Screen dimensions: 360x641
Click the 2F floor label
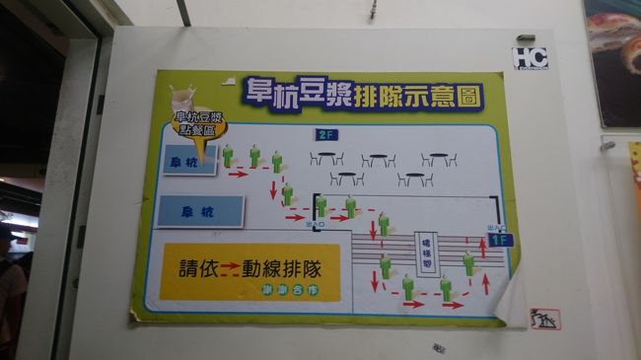pos(325,135)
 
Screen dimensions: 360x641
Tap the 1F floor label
pos(501,240)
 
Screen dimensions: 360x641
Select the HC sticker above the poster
pos(529,58)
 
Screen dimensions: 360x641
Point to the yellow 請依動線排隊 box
pos(250,272)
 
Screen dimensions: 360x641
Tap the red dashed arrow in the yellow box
pos(231,266)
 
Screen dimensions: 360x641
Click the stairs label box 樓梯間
pos(427,252)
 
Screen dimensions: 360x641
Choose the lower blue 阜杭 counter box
pos(200,211)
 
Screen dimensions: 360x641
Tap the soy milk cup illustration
pos(182,100)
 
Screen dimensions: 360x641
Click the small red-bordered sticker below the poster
pos(544,319)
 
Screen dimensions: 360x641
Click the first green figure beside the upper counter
pos(228,156)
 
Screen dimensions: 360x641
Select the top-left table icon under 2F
pos(326,158)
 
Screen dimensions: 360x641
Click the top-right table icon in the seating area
pos(438,158)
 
